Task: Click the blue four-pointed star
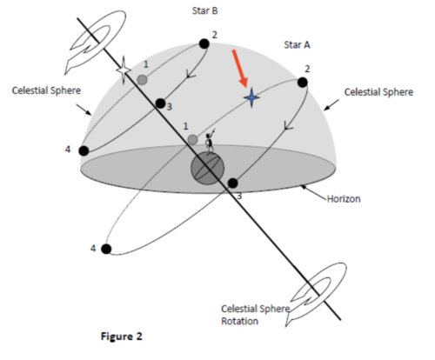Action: [251, 97]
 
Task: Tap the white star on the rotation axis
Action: [124, 70]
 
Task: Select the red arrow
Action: [240, 69]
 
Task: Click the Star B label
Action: [204, 11]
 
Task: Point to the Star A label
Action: [297, 45]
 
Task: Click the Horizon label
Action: [344, 199]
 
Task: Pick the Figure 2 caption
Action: [122, 337]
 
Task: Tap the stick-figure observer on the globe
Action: [210, 142]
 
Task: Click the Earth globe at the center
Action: [207, 169]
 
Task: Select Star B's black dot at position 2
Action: [204, 43]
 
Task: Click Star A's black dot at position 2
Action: [303, 83]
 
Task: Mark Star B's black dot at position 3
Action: [160, 103]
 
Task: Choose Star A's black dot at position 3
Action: [232, 183]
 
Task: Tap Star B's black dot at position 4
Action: [84, 150]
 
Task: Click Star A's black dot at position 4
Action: [106, 249]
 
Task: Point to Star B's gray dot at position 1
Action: [142, 80]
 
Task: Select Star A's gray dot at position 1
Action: [192, 140]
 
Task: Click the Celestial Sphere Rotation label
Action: [255, 315]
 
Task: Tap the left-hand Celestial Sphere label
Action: [46, 90]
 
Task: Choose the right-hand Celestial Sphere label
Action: [378, 92]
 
